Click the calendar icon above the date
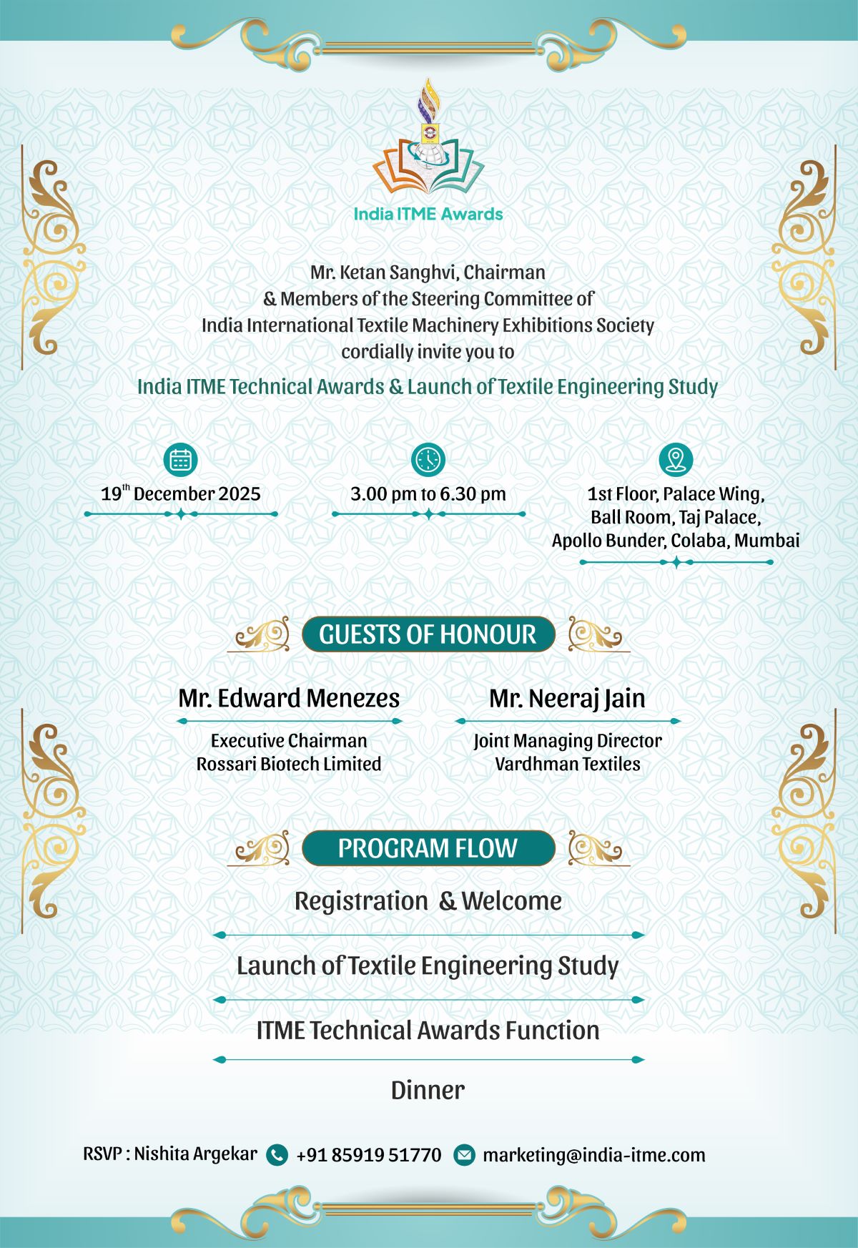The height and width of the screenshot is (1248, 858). [180, 459]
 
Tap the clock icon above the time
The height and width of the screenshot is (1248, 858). [428, 459]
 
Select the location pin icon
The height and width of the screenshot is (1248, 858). [675, 459]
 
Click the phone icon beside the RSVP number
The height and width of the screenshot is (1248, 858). [277, 1154]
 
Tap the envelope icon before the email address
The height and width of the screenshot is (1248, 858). [464, 1154]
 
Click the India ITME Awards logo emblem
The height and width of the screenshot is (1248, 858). [428, 143]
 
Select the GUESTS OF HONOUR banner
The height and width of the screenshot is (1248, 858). [428, 634]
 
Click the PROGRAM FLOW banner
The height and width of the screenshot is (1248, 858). [428, 848]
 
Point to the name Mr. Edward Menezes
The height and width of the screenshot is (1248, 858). [289, 698]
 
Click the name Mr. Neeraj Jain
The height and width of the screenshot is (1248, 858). [567, 698]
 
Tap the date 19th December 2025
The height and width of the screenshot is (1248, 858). [181, 493]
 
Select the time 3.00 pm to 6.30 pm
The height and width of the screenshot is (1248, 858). [428, 493]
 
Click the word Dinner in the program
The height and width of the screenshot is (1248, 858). [428, 1090]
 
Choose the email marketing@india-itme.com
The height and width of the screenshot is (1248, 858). [593, 1154]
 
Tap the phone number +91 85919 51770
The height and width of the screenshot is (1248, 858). [369, 1154]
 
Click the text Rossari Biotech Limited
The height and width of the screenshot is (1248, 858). [289, 764]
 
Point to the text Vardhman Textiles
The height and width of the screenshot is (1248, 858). [567, 764]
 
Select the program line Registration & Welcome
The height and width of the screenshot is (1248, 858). [428, 901]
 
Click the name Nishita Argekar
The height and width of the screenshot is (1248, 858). [195, 1154]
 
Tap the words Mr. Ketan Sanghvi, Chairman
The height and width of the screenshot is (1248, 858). [428, 272]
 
